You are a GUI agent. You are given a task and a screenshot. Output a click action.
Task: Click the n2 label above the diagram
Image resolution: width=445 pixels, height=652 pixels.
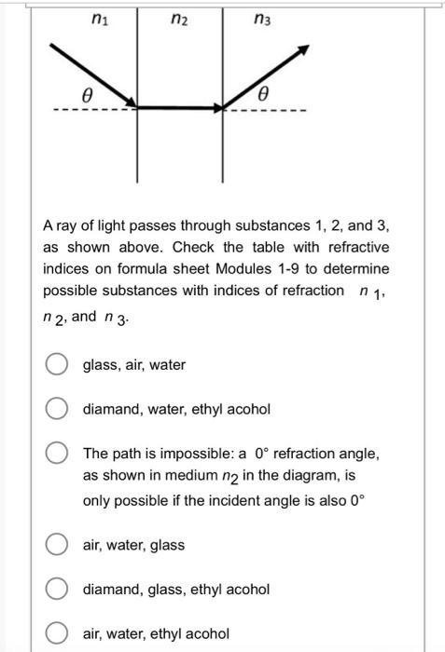coord(181,16)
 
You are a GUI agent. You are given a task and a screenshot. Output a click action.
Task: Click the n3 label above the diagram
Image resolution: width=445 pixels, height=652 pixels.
coord(265,16)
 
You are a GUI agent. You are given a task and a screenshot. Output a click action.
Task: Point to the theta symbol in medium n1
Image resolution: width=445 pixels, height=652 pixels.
coord(88,94)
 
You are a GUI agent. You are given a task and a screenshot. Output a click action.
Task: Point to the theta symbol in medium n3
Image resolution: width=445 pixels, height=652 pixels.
coord(263,94)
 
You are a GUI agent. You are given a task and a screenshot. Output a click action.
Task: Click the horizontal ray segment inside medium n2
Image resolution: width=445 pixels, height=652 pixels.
coord(181,107)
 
